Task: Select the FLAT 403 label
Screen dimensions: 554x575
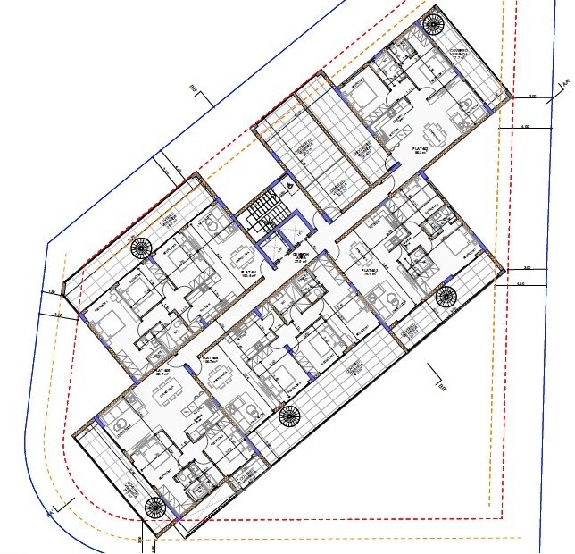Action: click(x=368, y=271)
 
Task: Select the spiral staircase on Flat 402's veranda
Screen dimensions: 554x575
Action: click(x=433, y=23)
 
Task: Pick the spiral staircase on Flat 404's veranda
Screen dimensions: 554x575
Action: click(x=288, y=415)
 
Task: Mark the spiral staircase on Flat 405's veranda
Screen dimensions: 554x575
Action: click(x=155, y=508)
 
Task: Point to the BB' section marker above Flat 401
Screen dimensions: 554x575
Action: click(x=193, y=87)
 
